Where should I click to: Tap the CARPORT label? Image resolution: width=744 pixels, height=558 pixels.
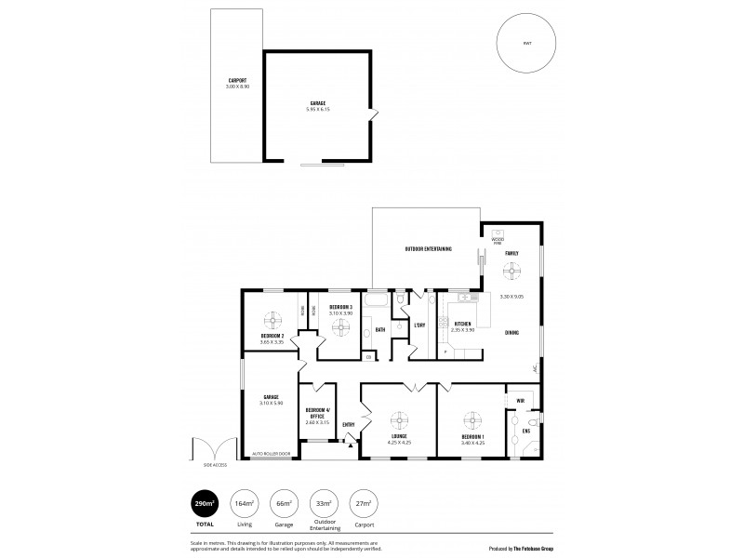[x=238, y=80]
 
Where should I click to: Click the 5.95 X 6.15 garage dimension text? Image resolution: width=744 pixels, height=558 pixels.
[x=318, y=110]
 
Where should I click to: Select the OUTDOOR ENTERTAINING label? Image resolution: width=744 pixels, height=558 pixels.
[x=428, y=249]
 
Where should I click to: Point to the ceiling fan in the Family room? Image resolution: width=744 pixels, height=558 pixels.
[x=511, y=272]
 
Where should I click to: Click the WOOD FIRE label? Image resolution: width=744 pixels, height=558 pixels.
[x=498, y=240]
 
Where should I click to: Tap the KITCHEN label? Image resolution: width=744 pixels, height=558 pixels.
[x=462, y=325]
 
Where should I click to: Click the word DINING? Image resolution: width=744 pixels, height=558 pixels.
[x=511, y=332]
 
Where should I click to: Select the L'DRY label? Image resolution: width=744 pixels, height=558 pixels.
[x=419, y=325]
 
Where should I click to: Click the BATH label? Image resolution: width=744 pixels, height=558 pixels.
[x=380, y=330]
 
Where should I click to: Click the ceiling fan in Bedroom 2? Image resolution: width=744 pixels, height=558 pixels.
[x=272, y=321]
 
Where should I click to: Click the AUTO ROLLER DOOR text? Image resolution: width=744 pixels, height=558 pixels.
[x=271, y=454]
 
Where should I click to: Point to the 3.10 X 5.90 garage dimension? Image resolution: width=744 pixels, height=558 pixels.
[x=271, y=402]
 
